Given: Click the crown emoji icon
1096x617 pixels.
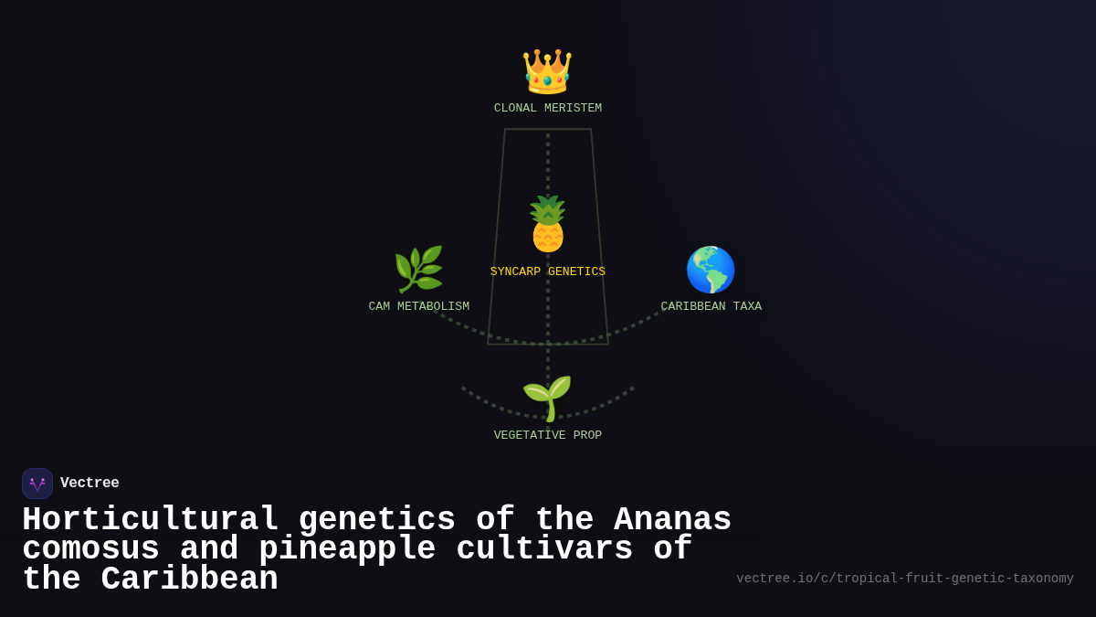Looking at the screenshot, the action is point(547,71).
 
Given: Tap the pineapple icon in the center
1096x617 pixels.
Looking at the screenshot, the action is point(548,224).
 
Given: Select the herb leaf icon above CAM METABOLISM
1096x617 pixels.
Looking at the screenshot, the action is point(418,270).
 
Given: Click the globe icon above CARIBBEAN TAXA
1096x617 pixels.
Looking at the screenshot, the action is point(711,270).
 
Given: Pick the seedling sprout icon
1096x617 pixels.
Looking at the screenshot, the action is point(547,399).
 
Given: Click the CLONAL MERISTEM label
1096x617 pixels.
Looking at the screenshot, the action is point(548,109).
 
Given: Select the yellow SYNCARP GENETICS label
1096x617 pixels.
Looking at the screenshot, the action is point(548,272).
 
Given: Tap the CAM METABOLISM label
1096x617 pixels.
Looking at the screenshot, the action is point(419,307).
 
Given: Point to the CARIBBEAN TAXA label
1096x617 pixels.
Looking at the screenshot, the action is point(711,307).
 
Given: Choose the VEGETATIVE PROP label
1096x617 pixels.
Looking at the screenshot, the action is point(548,436).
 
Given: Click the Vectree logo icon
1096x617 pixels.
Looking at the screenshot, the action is point(37,484).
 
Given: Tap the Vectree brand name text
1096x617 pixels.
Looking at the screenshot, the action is point(90,484).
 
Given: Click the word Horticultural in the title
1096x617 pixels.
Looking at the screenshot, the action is point(150,520).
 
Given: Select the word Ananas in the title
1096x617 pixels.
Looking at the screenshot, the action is point(672,520).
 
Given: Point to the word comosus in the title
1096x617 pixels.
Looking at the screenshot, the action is point(90,549).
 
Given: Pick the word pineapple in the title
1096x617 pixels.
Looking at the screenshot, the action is point(347,549).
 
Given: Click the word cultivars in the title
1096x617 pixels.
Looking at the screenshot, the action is point(544,549).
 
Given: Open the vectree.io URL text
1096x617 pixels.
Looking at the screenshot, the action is point(905,579).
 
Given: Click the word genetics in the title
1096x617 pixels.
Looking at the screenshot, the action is point(376,520).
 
